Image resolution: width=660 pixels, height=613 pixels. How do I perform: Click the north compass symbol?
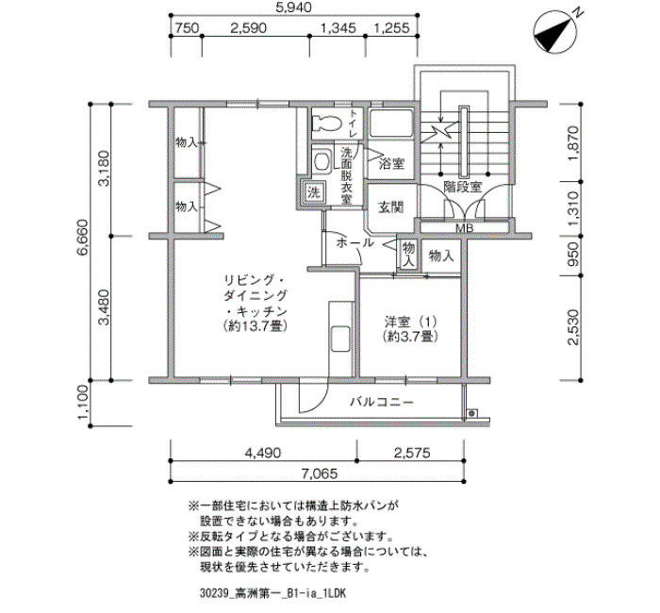555,32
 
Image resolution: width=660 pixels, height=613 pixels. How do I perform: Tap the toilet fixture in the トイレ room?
327,123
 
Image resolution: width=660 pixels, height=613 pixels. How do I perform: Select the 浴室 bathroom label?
391,163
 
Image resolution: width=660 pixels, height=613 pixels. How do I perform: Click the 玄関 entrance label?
391,207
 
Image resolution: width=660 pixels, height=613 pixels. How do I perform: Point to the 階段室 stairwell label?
463,187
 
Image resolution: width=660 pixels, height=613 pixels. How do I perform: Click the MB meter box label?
465,228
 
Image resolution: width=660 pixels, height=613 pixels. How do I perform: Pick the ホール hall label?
355,242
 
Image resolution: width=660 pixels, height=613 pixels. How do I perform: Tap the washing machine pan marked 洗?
313,192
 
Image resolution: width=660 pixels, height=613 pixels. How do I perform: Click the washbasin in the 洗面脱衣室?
322,161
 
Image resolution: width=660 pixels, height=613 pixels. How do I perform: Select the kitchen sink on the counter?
340,339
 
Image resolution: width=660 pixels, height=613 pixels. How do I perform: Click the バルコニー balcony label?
382,403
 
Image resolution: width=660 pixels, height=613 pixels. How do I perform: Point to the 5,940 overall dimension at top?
294,8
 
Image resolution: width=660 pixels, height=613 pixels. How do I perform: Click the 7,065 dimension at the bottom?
319,473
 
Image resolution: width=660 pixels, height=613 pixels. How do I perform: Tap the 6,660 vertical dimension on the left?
82,237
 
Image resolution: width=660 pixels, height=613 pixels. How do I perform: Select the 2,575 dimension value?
412,453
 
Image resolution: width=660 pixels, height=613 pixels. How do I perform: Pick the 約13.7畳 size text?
256,326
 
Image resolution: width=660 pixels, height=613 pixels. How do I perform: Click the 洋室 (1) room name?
411,323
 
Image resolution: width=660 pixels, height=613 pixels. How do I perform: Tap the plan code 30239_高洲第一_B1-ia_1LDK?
272,593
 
